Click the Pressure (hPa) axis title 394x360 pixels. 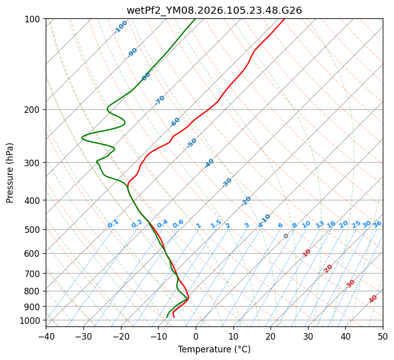point(10,172)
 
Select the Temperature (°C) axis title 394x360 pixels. point(214,350)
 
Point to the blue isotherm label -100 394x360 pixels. point(121,27)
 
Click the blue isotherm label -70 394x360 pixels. point(160,100)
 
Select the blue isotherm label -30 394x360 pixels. point(227,183)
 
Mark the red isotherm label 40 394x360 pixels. point(373,299)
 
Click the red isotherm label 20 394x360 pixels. point(328,268)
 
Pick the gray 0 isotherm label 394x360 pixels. point(286,236)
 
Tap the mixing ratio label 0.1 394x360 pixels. point(113,224)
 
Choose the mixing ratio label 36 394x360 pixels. point(377,224)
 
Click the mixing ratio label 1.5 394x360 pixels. point(216,224)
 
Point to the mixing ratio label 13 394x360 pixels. point(320,224)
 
